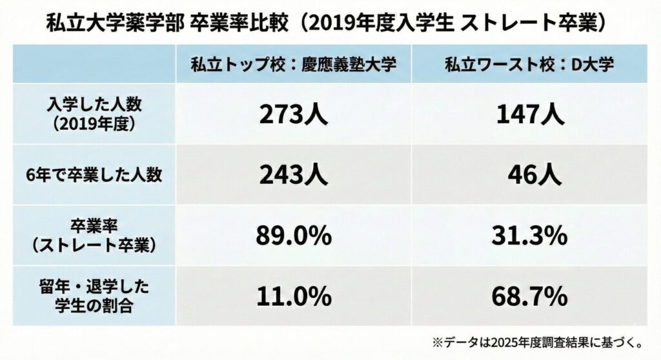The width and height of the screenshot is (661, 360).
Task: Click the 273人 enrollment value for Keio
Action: (294, 115)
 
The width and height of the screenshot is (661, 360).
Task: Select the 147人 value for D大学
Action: (530, 115)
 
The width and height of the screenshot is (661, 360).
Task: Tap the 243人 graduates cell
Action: (294, 175)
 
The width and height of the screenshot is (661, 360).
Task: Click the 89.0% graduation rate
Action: (294, 236)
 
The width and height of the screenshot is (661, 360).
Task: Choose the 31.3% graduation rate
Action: (531, 236)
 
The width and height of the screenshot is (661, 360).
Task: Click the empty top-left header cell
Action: (94, 65)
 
